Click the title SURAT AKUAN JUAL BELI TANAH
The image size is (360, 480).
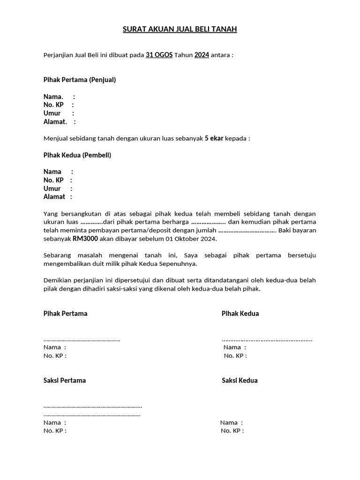(x=180, y=30)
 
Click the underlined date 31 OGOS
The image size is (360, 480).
(x=159, y=55)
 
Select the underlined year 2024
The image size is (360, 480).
(x=202, y=55)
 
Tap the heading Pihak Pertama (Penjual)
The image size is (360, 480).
(x=80, y=80)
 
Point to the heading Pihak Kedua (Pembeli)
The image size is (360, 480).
(x=77, y=155)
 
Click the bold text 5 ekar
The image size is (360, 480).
(x=214, y=138)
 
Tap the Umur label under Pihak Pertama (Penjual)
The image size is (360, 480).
(x=52, y=113)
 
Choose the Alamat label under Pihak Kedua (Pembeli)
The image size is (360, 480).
(x=54, y=197)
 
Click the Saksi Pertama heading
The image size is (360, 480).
(x=65, y=381)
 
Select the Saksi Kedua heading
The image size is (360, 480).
(x=240, y=381)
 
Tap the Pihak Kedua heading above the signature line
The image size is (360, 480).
(x=240, y=314)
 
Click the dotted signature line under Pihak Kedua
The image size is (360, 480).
(x=267, y=340)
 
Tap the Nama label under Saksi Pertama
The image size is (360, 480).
(x=52, y=422)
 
